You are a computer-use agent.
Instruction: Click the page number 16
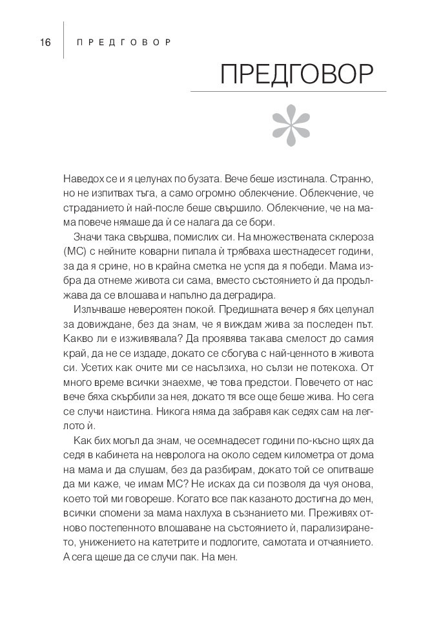click(x=45, y=43)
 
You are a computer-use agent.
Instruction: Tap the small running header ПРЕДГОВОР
click(x=123, y=43)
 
